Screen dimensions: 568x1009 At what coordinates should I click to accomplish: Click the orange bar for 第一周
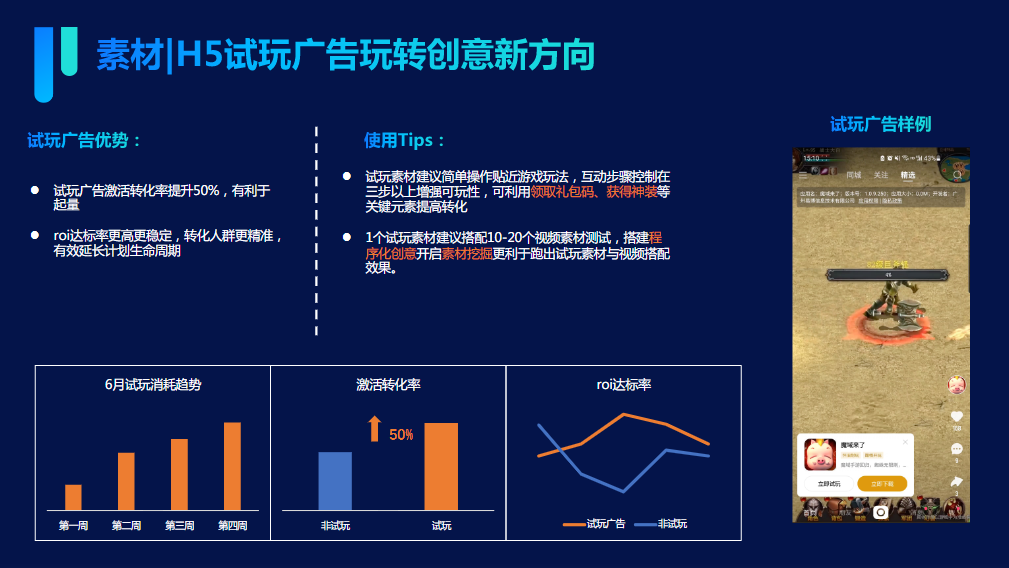click(73, 497)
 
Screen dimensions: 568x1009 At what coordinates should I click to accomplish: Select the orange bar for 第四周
click(232, 466)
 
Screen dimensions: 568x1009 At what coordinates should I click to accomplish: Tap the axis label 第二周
click(126, 526)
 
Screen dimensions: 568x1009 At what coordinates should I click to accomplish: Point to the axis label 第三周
click(179, 526)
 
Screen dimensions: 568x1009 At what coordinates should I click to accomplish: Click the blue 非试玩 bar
click(335, 481)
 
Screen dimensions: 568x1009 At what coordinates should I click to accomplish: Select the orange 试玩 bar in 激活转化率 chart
click(441, 466)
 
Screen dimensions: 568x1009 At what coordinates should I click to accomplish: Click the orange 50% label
click(401, 435)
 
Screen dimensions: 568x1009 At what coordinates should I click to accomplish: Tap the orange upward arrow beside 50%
click(374, 429)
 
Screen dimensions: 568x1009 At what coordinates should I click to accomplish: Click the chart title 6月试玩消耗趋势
click(153, 384)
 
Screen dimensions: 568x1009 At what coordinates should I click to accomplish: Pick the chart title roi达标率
click(623, 384)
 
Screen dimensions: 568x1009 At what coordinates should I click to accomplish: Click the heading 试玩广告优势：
click(85, 141)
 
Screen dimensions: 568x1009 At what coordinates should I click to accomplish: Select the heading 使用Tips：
click(405, 141)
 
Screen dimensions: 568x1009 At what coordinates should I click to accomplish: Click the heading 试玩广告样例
click(880, 124)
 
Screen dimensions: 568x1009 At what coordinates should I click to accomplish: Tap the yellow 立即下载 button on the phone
click(882, 484)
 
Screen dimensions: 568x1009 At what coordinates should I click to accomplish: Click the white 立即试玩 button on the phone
click(829, 484)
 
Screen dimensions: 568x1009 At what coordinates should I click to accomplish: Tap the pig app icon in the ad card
click(821, 455)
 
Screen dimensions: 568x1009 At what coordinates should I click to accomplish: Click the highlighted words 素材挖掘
click(467, 253)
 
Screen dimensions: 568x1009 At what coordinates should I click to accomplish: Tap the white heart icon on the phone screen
click(956, 417)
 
